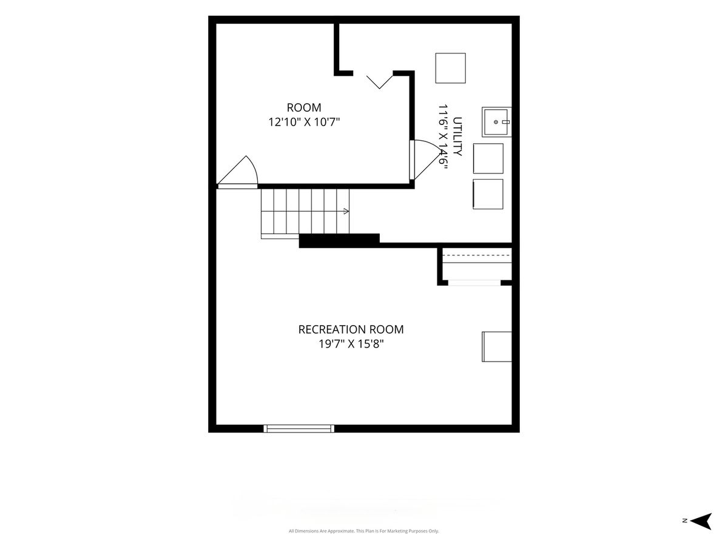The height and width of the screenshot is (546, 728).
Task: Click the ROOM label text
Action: point(304,107)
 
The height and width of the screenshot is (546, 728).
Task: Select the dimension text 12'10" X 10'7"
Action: point(304,123)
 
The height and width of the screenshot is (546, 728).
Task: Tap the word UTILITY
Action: point(457,136)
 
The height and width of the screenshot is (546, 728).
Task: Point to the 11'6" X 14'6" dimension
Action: point(443,138)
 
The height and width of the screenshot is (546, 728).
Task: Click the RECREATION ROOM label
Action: point(351,329)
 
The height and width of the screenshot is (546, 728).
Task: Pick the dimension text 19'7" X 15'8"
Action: point(351,344)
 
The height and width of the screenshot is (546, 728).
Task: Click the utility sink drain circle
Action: point(496,122)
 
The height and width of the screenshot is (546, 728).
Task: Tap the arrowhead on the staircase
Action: point(346,211)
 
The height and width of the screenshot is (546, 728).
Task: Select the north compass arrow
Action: point(701,522)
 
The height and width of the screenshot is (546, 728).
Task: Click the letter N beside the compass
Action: point(684,521)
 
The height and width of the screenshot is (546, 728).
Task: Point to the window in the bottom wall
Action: point(299,428)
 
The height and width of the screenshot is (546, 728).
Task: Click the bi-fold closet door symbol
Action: point(379,82)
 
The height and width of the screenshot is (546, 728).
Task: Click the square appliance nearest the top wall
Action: point(450,68)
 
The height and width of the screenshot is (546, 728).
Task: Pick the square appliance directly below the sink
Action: point(488,158)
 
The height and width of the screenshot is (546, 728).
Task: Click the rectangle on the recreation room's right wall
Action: point(497,346)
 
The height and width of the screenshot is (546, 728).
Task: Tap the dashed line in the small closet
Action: point(477,255)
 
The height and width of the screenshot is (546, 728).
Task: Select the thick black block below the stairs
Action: point(339,241)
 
